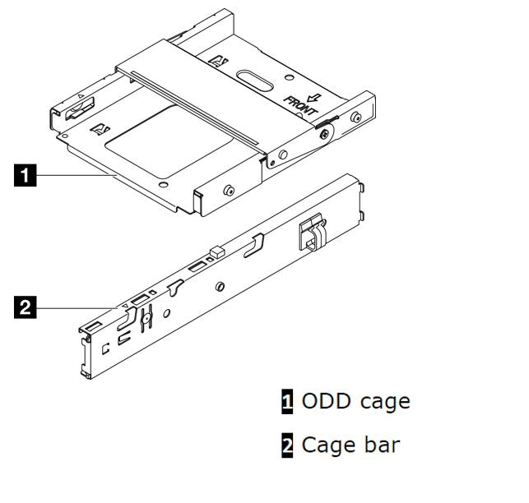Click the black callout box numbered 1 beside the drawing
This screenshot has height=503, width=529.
coord(26,174)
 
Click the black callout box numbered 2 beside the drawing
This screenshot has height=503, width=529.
coord(26,308)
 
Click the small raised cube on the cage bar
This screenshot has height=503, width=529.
coord(216,249)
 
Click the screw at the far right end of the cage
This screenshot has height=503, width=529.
coord(355,118)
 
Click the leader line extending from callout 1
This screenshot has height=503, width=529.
coord(74,174)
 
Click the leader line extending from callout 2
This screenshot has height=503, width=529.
coord(78,308)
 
